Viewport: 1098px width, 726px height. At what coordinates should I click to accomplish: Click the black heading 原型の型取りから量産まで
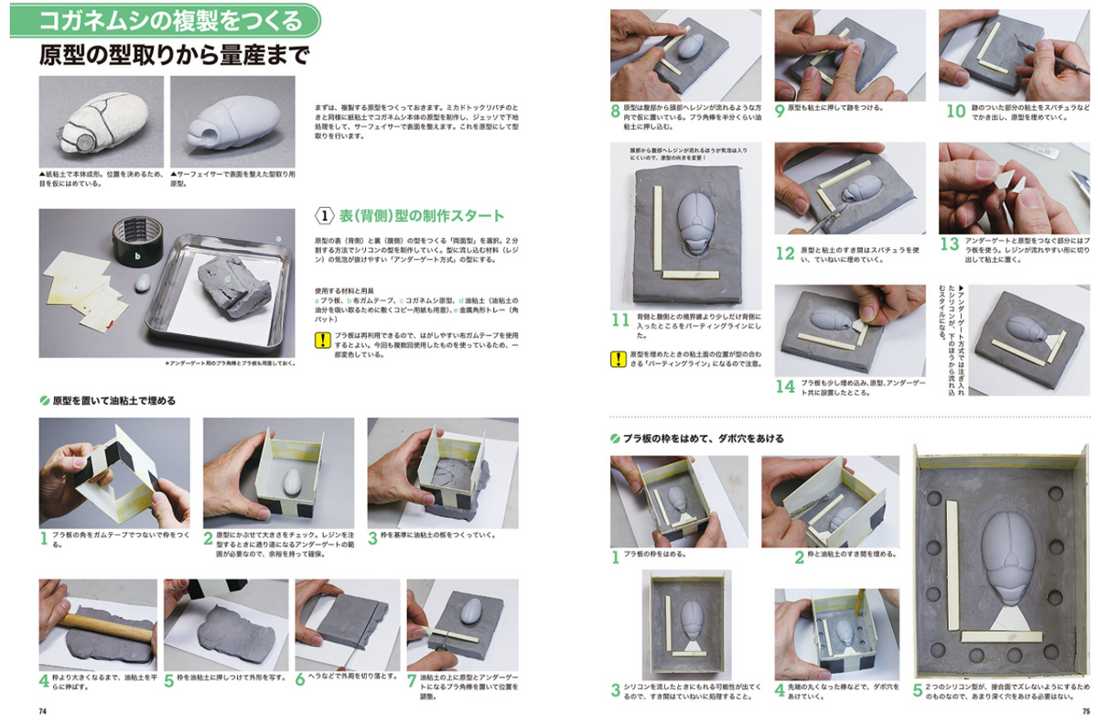174,54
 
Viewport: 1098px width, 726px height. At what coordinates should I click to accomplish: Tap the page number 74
42,710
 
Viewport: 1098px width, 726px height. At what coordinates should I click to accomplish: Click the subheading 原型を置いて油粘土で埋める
114,401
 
